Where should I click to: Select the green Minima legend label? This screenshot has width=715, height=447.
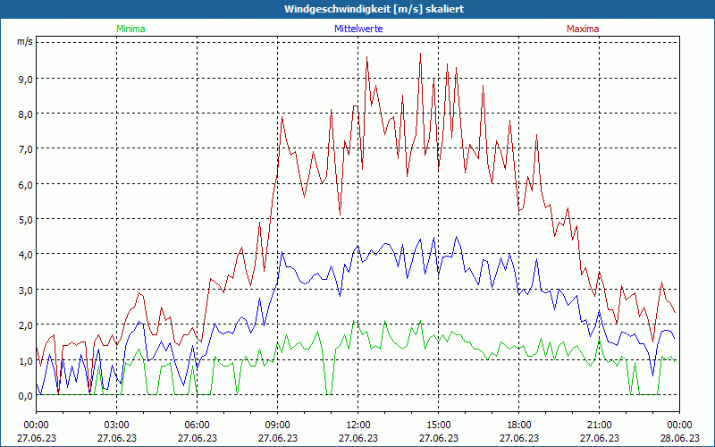point(130,29)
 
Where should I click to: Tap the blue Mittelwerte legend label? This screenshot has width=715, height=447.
point(358,29)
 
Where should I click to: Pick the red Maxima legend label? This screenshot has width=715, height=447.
point(583,29)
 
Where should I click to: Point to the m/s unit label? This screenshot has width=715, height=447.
point(25,41)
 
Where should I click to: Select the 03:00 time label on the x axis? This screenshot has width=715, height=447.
point(117,425)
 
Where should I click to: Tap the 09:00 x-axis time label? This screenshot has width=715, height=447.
point(278,425)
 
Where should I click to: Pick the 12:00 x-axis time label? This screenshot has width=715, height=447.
point(358,425)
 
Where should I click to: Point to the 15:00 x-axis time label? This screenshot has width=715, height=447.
point(439,425)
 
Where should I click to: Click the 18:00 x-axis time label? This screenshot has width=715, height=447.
point(519,425)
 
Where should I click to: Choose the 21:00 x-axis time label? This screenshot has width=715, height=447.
point(600,425)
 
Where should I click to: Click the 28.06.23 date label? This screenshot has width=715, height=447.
point(680,438)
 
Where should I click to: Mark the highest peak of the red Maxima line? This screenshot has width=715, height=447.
point(420,53)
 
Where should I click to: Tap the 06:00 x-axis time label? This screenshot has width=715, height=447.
point(198,425)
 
